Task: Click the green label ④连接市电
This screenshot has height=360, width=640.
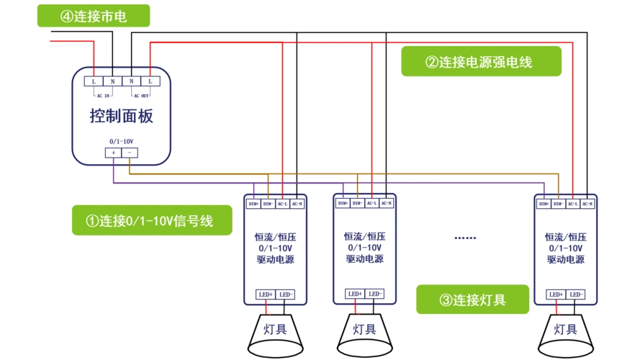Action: (94, 16)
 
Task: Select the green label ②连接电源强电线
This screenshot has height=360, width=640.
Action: (481, 62)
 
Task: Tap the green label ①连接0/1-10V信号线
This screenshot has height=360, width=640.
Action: (152, 220)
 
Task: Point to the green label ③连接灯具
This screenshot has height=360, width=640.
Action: (472, 300)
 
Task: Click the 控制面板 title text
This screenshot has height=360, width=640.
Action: (121, 116)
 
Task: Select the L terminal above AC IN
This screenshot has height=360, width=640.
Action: (94, 81)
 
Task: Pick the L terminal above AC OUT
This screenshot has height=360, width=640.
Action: (150, 81)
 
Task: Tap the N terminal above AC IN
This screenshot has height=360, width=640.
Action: (112, 81)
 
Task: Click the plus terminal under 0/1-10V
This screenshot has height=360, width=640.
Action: (113, 153)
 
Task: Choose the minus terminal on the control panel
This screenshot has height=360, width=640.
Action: (130, 153)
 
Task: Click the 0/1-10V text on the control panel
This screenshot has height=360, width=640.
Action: (121, 141)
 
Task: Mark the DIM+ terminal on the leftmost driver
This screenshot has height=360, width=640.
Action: (253, 204)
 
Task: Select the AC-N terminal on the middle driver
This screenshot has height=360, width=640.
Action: (387, 203)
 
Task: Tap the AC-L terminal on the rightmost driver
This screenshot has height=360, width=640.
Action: (572, 204)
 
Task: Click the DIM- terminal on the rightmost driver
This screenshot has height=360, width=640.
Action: (558, 204)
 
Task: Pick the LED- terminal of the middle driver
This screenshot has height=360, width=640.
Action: (374, 294)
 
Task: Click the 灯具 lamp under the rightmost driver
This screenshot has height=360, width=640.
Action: (566, 331)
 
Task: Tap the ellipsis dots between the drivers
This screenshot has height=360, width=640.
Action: (466, 238)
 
